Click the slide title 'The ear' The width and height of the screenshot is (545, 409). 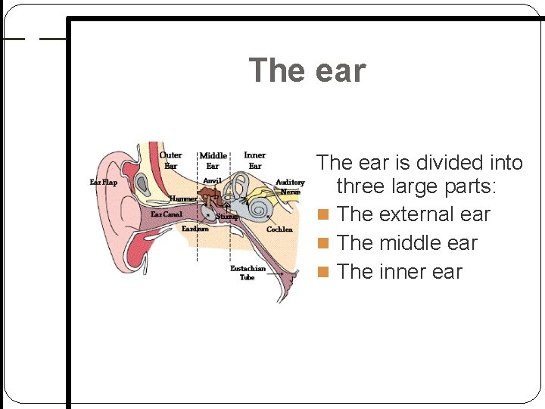(307, 70)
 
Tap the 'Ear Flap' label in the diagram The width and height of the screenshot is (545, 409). (104, 183)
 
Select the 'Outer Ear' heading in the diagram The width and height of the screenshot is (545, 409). (170, 160)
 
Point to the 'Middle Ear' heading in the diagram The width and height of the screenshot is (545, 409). (213, 161)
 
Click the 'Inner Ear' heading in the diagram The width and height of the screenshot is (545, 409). (255, 160)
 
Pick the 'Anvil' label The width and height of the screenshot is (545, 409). (212, 181)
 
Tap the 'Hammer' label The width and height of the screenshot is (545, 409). (183, 198)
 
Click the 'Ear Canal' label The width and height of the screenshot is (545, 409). (166, 214)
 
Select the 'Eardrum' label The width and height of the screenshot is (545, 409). (195, 228)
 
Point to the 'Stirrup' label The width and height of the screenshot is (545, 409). (227, 217)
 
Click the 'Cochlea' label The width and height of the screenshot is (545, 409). (279, 229)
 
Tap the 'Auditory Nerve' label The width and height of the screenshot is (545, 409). (290, 187)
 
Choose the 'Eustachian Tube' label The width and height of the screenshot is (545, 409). (248, 273)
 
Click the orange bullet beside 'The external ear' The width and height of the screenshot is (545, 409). (323, 215)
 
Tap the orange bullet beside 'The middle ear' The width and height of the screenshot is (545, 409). (323, 244)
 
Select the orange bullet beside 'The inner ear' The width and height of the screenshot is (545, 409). (323, 273)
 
